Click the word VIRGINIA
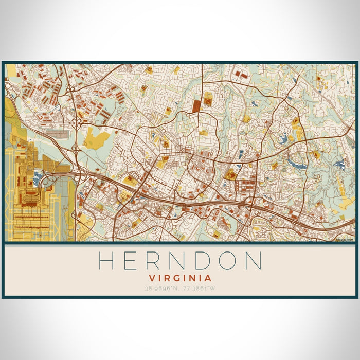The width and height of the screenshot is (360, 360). pos(179,278)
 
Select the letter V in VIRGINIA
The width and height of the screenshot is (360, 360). pos(151,278)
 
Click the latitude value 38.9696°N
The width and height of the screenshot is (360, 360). pos(162,289)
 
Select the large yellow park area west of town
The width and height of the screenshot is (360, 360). pos(97,137)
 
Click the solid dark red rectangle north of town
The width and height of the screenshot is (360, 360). pos(197,106)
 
